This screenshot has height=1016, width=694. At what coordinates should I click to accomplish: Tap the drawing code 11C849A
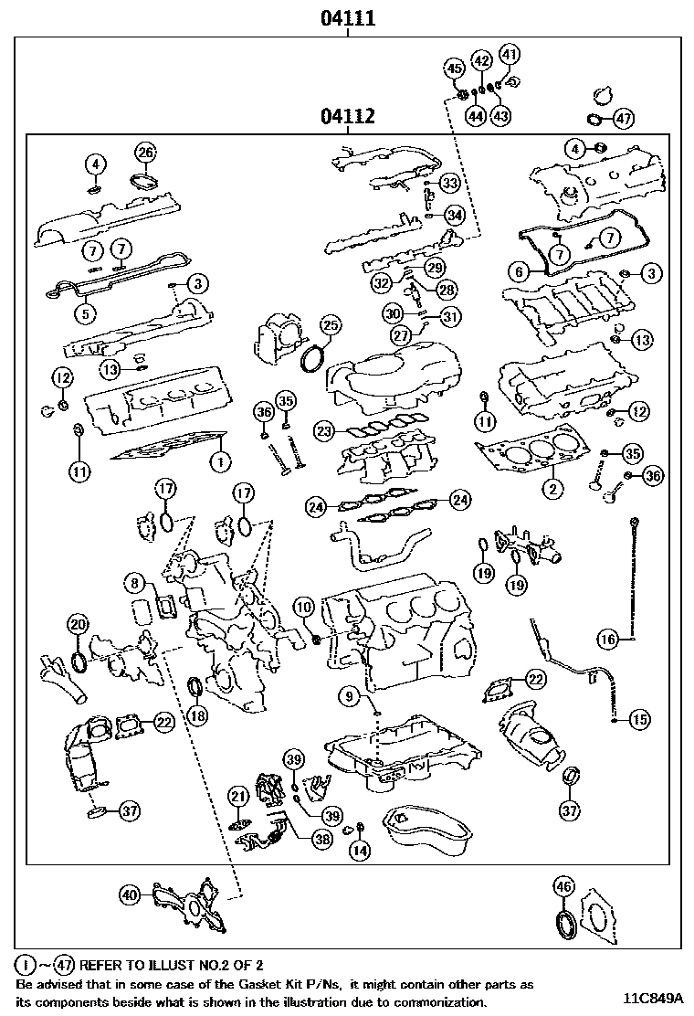pos(656,998)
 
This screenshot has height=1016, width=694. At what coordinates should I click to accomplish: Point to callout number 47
pos(623,118)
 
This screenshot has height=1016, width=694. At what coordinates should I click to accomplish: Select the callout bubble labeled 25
pos(330,325)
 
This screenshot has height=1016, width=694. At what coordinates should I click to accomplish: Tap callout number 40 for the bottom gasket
pos(130,896)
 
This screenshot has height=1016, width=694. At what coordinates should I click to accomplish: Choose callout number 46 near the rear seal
pos(563,884)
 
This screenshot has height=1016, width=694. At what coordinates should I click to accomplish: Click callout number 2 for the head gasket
pos(552,489)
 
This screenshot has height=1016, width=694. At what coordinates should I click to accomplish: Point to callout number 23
pos(323,429)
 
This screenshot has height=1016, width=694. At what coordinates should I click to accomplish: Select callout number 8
pos(134,581)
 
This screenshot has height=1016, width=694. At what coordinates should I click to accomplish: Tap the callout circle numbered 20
pos(79,625)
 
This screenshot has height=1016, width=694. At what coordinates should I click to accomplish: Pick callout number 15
pos(640,719)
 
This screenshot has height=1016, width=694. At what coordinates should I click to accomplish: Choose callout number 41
pos(509,54)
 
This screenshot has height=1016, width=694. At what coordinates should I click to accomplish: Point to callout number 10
pos(303,606)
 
